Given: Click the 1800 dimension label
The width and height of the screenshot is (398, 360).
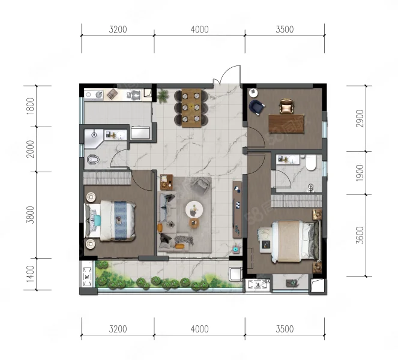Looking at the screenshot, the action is coord(30,106).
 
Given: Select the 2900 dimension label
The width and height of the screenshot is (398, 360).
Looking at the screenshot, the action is coord(360,118).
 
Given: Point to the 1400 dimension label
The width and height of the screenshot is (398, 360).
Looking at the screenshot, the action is coord(30,274).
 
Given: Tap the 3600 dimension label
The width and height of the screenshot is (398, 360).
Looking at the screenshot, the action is coord(360,235).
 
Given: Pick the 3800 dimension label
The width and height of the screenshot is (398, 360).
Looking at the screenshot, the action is coord(30,215).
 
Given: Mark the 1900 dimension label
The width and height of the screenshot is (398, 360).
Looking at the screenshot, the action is coord(360,173).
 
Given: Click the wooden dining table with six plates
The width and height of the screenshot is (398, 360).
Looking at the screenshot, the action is coord(191,108).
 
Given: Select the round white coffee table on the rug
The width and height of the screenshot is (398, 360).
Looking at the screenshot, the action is coord(194,209).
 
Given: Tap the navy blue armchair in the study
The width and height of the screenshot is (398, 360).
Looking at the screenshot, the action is coord(256,107).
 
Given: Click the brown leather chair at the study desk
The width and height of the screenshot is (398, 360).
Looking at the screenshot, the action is coord(286,106).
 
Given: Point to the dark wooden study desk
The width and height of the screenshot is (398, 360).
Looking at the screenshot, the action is coord(286,124).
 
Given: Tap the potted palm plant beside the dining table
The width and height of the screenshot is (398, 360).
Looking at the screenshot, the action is coord(163,96).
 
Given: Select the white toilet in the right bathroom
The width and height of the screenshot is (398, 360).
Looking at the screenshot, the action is coord(310,163).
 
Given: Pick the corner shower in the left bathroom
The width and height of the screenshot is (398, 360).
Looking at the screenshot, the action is coord(94,139).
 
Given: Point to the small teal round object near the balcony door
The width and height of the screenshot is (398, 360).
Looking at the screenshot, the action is coord(236,250).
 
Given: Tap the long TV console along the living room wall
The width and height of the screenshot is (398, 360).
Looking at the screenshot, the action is coord(237,209).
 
